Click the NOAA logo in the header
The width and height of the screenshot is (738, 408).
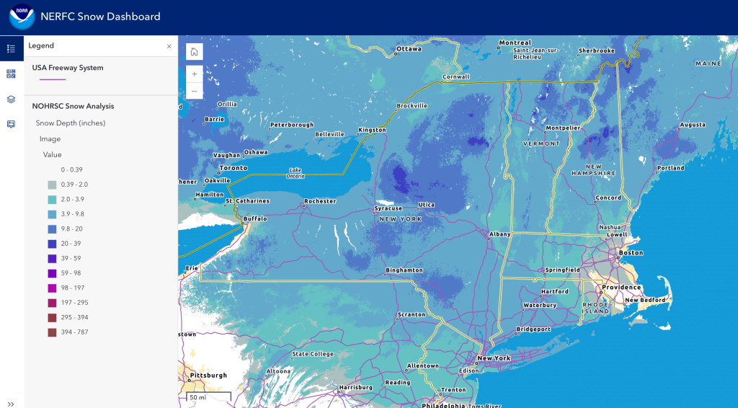coord(22,17)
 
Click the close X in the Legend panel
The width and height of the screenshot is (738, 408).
coord(169,46)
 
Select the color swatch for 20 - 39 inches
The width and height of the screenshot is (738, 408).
coord(52,244)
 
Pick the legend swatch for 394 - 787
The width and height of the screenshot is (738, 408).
coord(52,332)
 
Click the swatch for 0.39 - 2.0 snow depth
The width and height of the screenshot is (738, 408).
coord(52,185)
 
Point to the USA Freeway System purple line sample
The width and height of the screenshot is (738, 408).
coord(53,79)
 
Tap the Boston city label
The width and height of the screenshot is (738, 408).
coord(631,253)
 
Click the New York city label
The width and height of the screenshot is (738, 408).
coord(494,358)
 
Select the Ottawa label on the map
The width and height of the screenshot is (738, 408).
coord(408,49)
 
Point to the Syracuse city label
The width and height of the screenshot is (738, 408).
coord(388,208)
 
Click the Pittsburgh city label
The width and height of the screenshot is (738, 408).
coord(208,376)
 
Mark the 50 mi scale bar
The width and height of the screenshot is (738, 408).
coord(208,397)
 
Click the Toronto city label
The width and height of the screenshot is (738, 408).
coord(233,167)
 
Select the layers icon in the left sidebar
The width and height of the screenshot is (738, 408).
coord(11,99)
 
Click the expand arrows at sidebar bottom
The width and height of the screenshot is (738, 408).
coord(11,404)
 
